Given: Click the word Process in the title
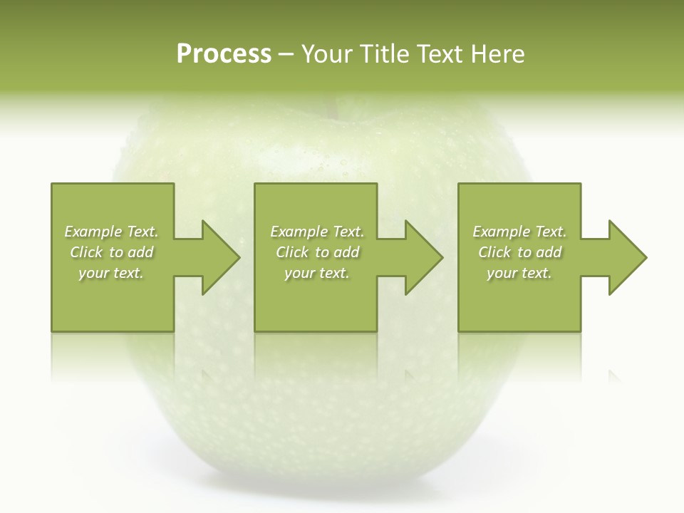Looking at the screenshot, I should coord(224,54).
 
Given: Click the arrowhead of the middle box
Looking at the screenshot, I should coord(423,257).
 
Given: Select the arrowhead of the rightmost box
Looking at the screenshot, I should coord(627,257).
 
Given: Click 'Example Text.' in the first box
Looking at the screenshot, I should coord(111,232).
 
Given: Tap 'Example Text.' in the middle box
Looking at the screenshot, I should coord(317,232).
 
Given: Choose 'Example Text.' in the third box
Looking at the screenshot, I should coord(519,232).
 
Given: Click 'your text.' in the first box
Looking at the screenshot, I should coord(111,273).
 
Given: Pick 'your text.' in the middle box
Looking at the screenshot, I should coord(317,273).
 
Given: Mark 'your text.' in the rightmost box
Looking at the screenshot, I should coord(519,273).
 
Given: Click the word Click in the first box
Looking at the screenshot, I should coord(86,252).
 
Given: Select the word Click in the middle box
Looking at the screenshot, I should coord(292,252).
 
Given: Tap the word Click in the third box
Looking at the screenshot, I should coord(494,252).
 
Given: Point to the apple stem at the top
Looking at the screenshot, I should coord(331,107).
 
